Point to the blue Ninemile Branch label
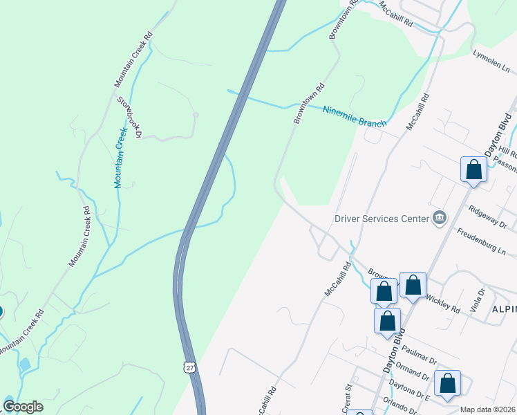click(x=355, y=116)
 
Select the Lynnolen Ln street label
click(x=491, y=61)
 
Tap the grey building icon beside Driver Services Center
click(x=439, y=219)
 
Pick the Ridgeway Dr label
click(x=487, y=216)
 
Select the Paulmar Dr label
click(x=418, y=352)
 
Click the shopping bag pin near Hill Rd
click(x=473, y=169)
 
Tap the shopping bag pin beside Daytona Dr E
click(x=448, y=383)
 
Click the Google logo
click(x=23, y=407)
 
